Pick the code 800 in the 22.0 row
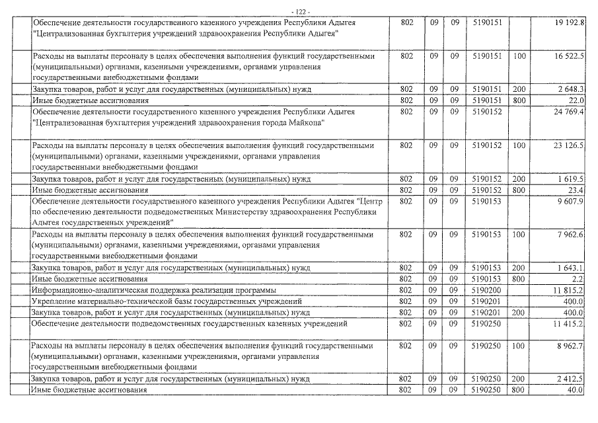519,100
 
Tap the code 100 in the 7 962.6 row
519,235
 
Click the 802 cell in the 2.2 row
406,279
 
